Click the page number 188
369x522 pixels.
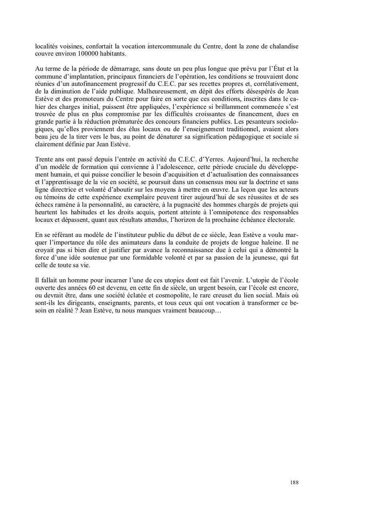click(x=294, y=483)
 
